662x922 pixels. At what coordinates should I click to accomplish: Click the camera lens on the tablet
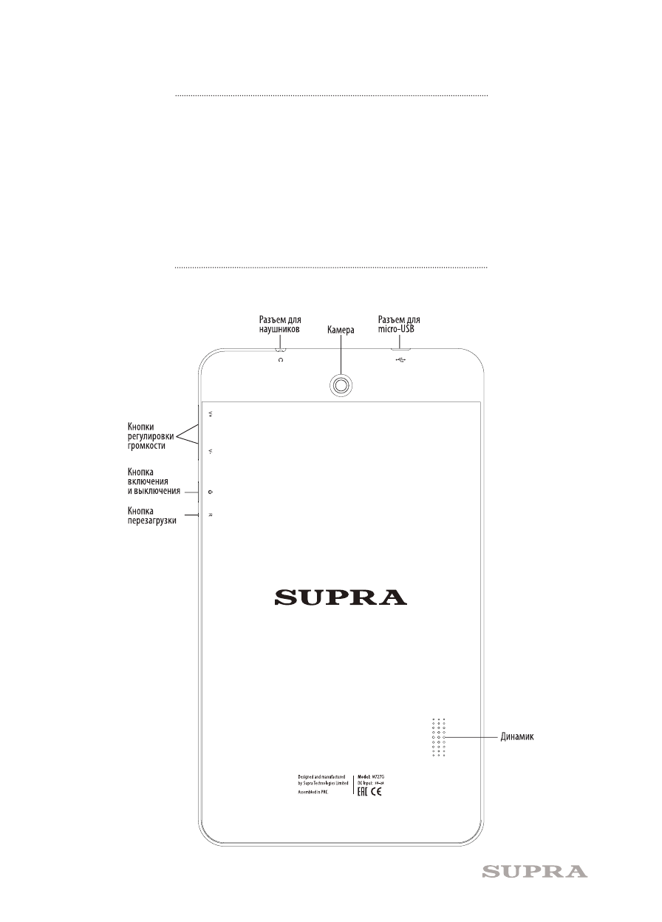point(341,384)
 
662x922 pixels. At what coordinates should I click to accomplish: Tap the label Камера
point(341,332)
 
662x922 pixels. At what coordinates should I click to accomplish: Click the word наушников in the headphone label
point(279,331)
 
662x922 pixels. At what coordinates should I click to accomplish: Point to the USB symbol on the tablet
point(401,360)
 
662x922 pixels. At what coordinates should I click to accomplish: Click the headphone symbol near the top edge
point(280,359)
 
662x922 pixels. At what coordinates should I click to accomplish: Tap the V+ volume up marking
point(211,414)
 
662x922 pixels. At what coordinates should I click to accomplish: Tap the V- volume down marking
point(211,451)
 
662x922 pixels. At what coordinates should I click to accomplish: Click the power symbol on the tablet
point(211,491)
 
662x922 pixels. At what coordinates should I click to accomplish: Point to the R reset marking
point(211,515)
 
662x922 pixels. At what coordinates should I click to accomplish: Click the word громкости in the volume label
point(146,447)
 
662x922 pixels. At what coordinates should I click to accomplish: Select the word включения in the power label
point(149,481)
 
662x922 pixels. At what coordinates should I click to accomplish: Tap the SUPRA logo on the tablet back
point(341,597)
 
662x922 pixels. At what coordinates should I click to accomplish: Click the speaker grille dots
point(439,737)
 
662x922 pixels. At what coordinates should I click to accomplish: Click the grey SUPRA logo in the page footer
point(535,872)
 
